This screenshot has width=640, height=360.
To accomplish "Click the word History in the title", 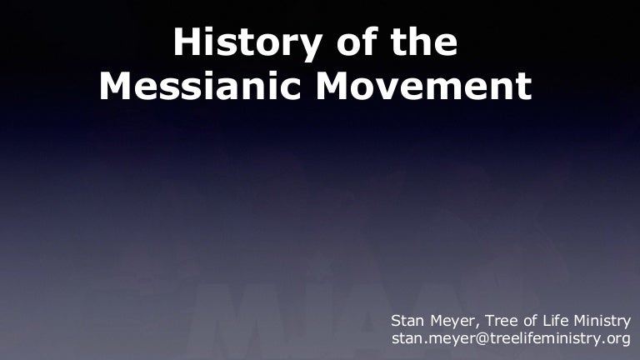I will (242, 42).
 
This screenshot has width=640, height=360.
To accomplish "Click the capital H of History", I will (186, 42).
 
